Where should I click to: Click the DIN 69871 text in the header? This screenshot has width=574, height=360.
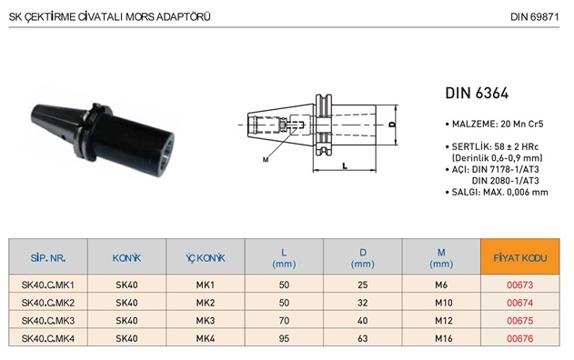[535, 17]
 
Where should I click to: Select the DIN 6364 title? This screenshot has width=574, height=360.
[477, 94]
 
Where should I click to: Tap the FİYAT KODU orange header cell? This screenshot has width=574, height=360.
[519, 257]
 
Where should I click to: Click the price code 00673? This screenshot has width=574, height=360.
[519, 285]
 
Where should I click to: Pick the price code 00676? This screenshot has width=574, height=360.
[519, 338]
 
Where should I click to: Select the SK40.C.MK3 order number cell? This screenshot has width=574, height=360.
[48, 321]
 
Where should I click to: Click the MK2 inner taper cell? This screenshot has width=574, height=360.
[206, 303]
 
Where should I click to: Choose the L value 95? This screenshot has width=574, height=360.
[284, 338]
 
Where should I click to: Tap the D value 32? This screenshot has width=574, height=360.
[362, 303]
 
